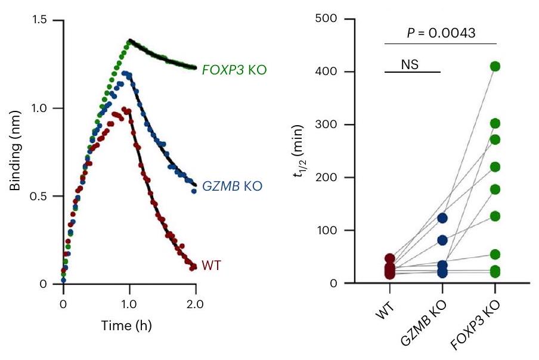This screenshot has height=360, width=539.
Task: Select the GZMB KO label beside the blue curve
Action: pos(233,186)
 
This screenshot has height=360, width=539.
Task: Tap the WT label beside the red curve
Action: pos(212,265)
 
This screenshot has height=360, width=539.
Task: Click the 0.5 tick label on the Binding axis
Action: pos(44,196)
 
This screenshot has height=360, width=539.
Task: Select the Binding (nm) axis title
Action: pos(16,152)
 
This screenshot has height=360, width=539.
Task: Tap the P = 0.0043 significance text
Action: pos(441,33)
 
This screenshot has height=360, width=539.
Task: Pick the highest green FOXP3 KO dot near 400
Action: pos(495,66)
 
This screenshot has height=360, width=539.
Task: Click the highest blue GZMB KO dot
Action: pos(442,218)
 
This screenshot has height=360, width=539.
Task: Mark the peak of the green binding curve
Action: pos(129,41)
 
